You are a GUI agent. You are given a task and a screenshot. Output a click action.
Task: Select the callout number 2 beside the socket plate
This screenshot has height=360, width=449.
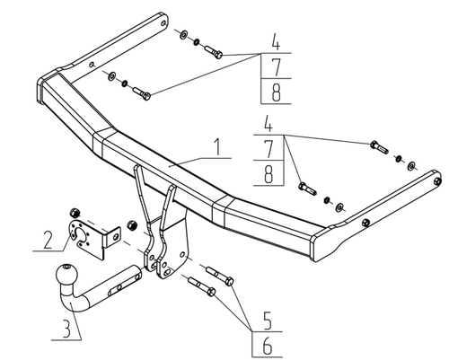pos(48,240)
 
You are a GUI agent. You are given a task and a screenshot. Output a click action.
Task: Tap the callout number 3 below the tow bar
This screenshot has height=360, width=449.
pos(66,329)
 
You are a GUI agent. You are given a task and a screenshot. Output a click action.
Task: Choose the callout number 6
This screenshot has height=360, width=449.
pos(268,346)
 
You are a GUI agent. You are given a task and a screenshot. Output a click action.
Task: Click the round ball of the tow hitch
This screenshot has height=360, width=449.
pos(66,275)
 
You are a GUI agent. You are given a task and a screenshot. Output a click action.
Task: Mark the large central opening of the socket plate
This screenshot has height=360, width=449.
pos(81,234)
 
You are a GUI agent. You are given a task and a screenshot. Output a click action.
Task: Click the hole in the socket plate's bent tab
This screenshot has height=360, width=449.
pos(116,237)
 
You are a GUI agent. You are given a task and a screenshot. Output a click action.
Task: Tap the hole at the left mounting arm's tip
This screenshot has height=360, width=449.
pos(163,23)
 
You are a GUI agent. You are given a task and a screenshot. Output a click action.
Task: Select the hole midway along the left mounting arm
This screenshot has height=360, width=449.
pos(92,64)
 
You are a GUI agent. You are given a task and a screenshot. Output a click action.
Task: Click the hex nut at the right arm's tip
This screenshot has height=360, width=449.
pos(437,181)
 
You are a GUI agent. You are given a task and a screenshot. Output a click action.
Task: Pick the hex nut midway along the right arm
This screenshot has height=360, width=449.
pos(365,223)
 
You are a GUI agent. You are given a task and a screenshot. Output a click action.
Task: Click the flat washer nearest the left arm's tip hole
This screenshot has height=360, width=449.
pos(183,35)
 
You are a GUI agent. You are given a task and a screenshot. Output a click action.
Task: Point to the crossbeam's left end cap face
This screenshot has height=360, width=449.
pos(40,91)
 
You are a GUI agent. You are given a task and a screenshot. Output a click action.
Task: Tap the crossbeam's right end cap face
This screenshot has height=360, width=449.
pos(313,249)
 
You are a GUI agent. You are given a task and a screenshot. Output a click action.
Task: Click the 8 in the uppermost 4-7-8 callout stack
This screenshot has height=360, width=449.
pos(276,92)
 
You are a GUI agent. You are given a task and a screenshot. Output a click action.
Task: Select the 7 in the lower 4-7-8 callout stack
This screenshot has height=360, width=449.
pos(269,149)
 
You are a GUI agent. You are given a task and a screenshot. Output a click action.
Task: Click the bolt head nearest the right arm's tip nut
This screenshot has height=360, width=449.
pos(374,145)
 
